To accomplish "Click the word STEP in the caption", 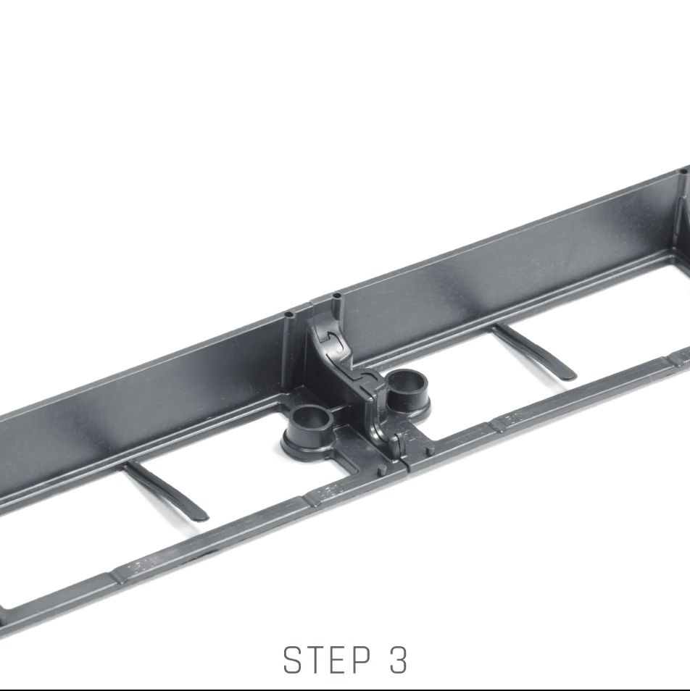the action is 327,660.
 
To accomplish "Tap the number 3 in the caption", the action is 399,660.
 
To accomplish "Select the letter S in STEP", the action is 292,660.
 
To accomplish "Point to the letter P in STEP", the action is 362,660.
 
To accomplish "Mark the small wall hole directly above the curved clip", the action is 337,296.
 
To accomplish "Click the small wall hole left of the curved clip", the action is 288,316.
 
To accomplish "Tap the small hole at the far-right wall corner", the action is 683,172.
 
